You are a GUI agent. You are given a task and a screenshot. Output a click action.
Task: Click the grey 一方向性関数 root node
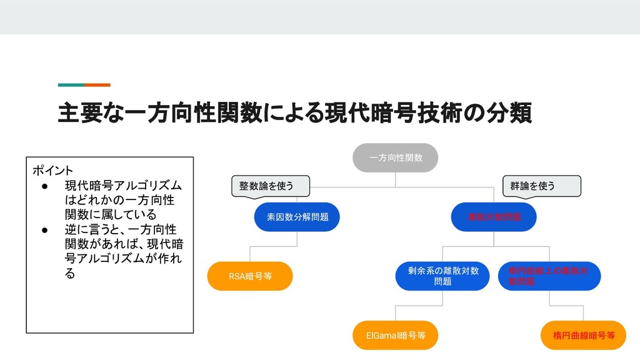396,157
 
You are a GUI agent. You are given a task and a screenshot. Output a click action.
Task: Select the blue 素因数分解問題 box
297,217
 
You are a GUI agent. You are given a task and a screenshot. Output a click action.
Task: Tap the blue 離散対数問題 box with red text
494,217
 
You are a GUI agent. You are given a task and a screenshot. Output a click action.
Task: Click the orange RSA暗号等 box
250,276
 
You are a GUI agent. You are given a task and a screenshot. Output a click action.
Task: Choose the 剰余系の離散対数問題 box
442,276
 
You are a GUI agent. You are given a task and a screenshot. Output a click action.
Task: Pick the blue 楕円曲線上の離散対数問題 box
549,276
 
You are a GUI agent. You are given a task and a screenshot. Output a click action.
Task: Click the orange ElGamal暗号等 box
396,336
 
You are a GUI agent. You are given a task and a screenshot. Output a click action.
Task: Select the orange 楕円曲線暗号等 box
584,336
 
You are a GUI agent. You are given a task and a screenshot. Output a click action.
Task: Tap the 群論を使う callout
541,186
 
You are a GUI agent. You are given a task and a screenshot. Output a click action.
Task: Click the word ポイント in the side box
52,170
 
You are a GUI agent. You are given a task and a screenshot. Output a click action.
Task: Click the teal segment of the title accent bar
71,84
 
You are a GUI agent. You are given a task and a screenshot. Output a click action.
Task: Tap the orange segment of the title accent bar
97,84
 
